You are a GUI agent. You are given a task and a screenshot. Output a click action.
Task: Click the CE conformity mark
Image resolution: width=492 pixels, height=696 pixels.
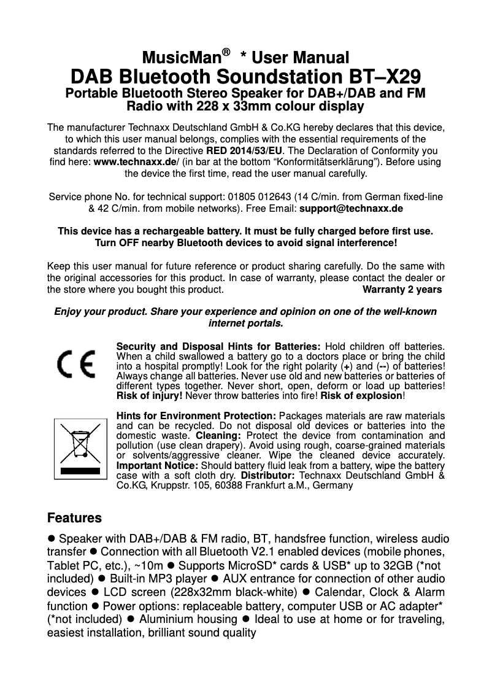click(76, 365)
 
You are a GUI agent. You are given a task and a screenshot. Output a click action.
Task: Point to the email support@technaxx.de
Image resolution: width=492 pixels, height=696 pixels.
click(351, 209)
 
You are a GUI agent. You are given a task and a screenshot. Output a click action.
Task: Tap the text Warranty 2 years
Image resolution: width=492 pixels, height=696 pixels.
click(402, 289)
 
